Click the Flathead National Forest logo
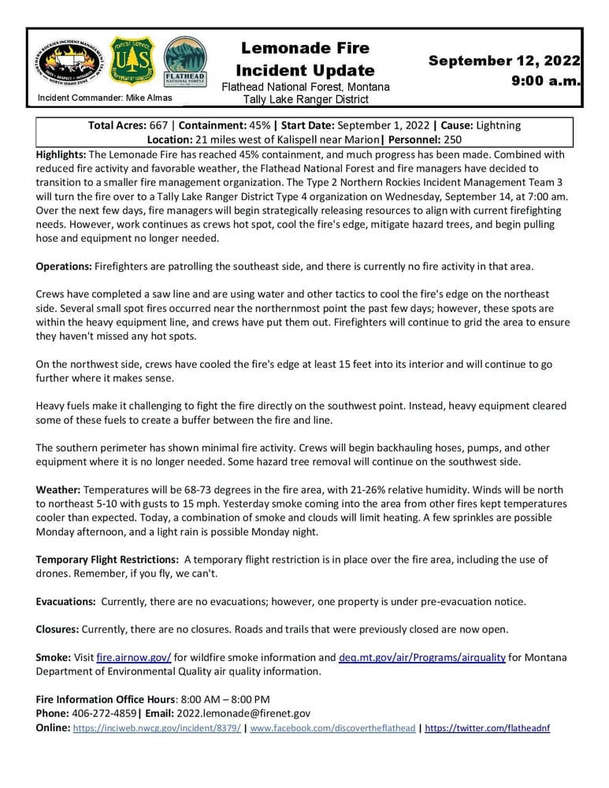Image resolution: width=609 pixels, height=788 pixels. (x=184, y=62)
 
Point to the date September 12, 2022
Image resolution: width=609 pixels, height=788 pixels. (x=504, y=61)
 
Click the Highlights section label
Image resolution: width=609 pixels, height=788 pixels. (x=61, y=153)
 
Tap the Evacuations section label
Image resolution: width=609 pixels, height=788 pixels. (x=65, y=601)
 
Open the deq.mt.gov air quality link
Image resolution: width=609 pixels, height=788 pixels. (x=422, y=657)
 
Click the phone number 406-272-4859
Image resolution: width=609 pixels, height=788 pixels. (x=104, y=713)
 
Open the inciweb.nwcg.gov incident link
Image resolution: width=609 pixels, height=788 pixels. (x=157, y=728)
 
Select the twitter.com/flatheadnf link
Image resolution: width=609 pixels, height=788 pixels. (x=487, y=728)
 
